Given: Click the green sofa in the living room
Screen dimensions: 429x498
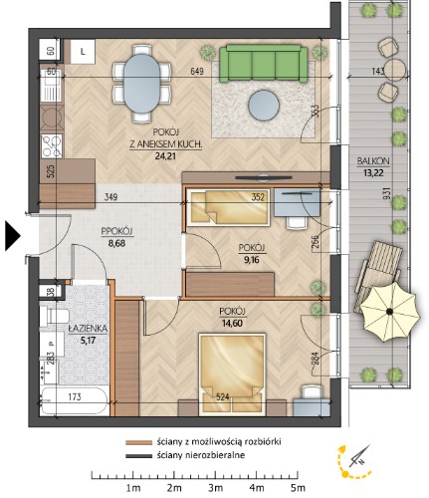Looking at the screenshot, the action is tap(264, 64).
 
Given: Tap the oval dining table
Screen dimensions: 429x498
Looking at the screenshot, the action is tap(141, 84).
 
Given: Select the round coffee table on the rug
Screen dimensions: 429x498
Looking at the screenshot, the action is tap(264, 106).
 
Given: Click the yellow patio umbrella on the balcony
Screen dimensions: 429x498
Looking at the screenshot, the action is tap(389, 312).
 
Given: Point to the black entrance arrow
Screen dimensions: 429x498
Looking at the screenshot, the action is tap(13, 236).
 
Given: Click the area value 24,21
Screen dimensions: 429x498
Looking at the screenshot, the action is tap(165, 156).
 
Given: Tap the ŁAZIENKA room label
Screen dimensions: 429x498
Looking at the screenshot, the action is tap(88, 329).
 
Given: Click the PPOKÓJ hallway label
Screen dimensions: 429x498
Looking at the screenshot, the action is tap(117, 231).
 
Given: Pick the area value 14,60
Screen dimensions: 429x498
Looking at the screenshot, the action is tap(232, 323).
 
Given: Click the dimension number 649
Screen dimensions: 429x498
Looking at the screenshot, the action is tap(197, 72).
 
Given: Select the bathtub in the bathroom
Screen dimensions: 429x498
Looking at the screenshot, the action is tap(75, 400).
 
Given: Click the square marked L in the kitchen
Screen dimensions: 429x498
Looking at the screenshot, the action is tap(83, 52).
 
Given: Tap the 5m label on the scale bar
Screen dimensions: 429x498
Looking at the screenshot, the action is tap(298, 488).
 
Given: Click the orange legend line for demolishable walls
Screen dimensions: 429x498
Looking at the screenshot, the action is tap(138, 442).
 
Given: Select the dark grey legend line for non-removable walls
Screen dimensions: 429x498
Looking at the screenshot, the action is tap(138, 456).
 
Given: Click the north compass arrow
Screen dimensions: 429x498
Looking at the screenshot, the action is tap(360, 455).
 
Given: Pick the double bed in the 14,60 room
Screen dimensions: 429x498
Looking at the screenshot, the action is tap(232, 374).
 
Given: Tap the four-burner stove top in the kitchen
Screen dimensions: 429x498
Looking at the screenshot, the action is tap(52, 145).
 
